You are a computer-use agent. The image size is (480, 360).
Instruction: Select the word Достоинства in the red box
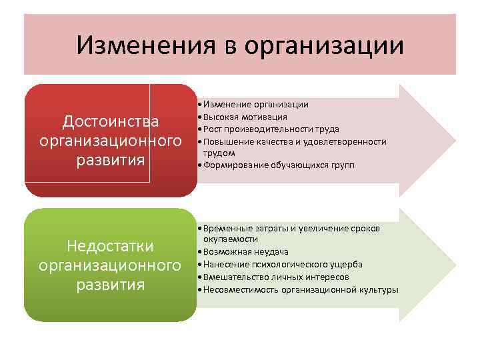pos(111,121)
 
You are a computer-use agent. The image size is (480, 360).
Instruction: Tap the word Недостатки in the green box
pos(111,246)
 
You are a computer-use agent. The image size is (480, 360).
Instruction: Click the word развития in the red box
pos(111,161)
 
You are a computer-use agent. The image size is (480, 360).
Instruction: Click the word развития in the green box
pos(111,285)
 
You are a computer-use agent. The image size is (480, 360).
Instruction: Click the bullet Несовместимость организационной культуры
pos(301,289)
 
